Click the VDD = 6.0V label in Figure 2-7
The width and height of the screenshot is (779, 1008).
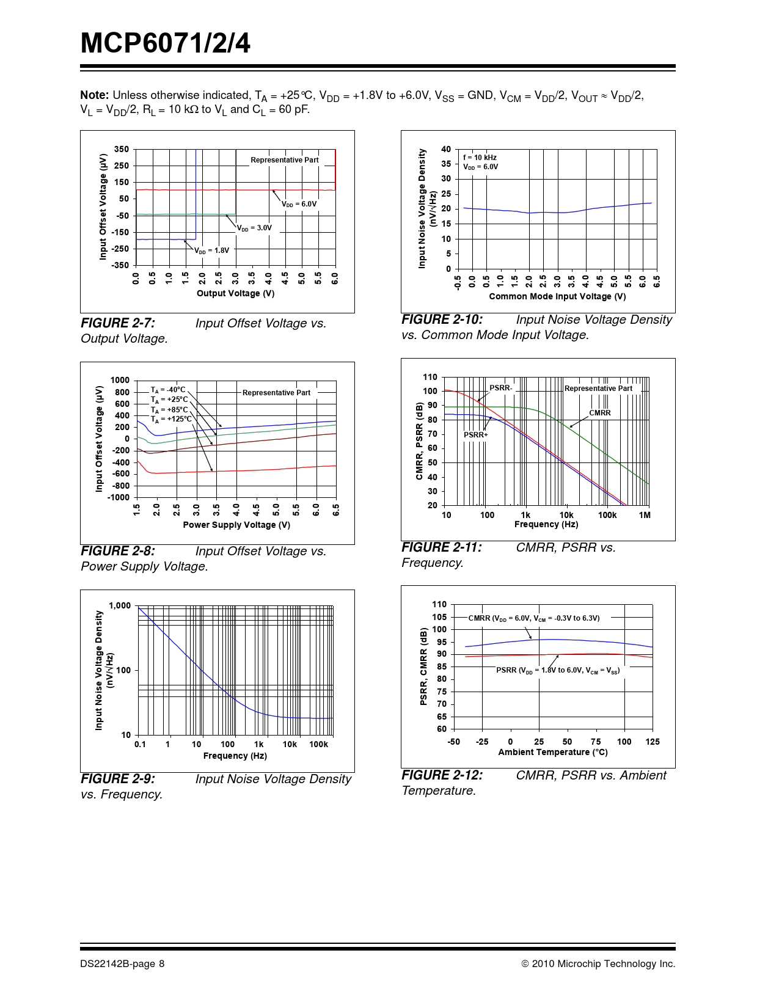tap(299, 204)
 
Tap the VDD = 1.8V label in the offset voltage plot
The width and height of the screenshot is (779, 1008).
tap(212, 250)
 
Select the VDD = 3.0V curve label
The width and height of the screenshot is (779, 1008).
tap(255, 228)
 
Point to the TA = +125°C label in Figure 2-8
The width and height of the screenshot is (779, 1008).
tap(171, 419)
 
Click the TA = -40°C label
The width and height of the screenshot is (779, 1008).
tap(168, 390)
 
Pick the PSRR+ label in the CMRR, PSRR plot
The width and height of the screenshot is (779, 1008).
tap(475, 435)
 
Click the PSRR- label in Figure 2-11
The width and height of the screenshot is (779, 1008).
tap(500, 388)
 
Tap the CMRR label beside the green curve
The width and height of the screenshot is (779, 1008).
tap(599, 413)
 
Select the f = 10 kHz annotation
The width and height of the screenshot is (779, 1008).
tap(480, 158)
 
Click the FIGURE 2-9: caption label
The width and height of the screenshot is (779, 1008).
tap(118, 779)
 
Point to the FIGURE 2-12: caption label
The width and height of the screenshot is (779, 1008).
tap(442, 775)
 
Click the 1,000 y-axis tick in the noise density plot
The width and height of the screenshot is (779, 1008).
tap(120, 605)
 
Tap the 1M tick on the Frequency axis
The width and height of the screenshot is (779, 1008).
tap(645, 515)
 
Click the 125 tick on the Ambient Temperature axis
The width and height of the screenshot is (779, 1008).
tap(653, 742)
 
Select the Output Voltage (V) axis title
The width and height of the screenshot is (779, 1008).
tap(235, 293)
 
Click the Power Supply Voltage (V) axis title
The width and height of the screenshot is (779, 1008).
tap(236, 525)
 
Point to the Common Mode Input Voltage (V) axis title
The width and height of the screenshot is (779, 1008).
tap(557, 296)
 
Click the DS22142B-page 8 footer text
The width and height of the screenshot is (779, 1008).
tap(122, 964)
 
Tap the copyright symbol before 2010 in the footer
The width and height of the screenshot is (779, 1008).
tap(525, 964)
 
